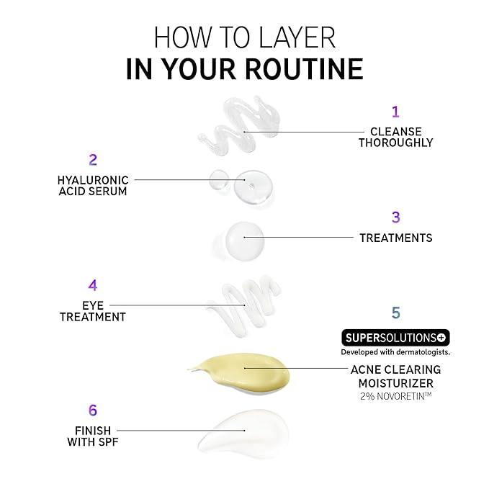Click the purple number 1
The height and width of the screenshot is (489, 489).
point(395,112)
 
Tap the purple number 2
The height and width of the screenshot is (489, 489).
point(93,160)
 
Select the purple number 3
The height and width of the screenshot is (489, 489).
point(395,217)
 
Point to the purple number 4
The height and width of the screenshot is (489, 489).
point(93,285)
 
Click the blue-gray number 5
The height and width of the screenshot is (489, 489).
point(395,313)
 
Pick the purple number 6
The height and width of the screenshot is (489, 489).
point(93,410)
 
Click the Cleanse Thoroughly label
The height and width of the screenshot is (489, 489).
point(395,137)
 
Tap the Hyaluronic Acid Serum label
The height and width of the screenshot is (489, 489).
point(93,185)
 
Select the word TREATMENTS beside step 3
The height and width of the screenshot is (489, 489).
point(395,238)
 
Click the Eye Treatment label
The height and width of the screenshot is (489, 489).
point(93,311)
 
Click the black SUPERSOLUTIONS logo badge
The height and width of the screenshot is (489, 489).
point(395,337)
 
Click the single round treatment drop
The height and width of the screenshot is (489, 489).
point(245,238)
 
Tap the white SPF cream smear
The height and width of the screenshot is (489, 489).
point(241,431)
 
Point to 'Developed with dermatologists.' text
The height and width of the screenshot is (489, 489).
point(395,352)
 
